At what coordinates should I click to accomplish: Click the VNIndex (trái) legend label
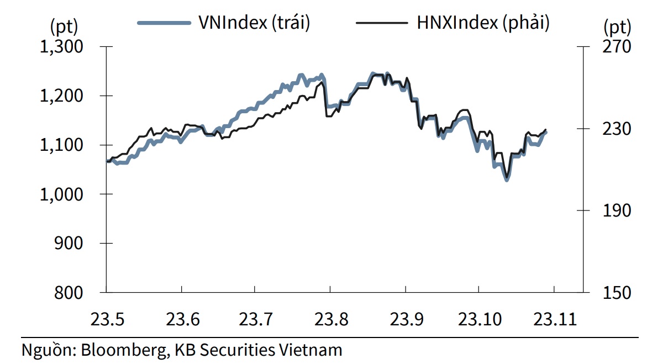[x=254, y=23]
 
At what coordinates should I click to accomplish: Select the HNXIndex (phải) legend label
[x=483, y=23]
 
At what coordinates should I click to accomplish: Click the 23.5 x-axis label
[x=106, y=319]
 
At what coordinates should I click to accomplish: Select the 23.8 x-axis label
[x=330, y=319]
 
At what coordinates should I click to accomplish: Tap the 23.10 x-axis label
[x=480, y=319]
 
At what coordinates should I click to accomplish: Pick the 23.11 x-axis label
[x=554, y=319]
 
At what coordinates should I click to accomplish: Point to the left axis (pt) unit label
[x=64, y=25]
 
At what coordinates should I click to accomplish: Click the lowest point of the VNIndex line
[x=507, y=180]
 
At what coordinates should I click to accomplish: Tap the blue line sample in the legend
[x=164, y=23]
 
